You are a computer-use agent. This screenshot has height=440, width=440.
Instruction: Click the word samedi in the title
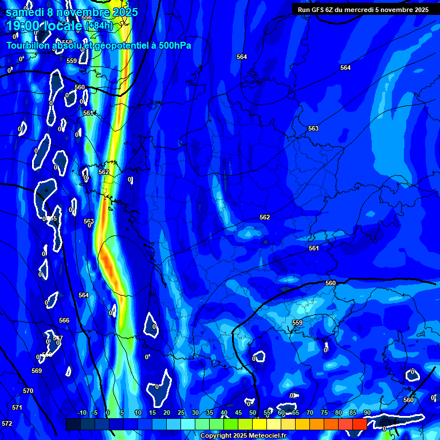point(25,11)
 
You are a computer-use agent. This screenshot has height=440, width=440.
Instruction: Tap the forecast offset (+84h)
point(99,26)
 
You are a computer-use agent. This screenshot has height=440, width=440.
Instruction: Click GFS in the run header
point(319,10)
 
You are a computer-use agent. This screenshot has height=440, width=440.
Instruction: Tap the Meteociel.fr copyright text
point(243,436)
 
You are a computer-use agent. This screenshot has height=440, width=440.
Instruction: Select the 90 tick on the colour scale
point(367,412)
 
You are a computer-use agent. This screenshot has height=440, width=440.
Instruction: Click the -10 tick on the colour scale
point(81,412)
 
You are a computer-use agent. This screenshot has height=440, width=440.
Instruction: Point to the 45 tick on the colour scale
point(238,412)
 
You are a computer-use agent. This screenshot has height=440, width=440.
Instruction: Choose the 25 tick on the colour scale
point(181,412)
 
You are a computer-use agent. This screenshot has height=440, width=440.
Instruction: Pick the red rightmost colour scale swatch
point(359,423)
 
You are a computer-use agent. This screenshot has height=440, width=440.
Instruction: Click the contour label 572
point(7,423)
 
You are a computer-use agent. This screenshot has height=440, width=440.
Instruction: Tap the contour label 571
point(17,407)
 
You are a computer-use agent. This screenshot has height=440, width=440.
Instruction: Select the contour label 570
point(28,391)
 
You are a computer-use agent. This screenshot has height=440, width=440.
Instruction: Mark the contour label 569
point(37,371)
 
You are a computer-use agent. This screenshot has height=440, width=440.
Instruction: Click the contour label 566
point(64,320)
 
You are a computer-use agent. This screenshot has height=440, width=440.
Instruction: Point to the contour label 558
point(67,42)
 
